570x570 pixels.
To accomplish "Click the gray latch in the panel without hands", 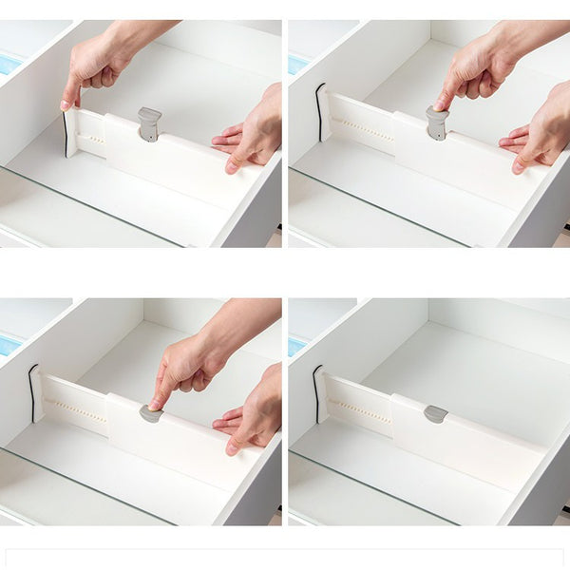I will [435, 413].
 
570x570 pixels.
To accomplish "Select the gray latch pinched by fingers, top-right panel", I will [436, 122].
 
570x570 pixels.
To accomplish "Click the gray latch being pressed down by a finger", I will [150, 413].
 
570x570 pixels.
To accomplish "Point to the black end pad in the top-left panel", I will [66, 133].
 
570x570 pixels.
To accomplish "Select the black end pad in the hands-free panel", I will [316, 392].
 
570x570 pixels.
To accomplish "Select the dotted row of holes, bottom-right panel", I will [362, 410].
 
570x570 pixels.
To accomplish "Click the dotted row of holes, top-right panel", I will [365, 131].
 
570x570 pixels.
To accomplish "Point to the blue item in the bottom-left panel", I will [9, 345].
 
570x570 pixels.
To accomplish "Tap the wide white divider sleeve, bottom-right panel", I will [465, 442].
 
